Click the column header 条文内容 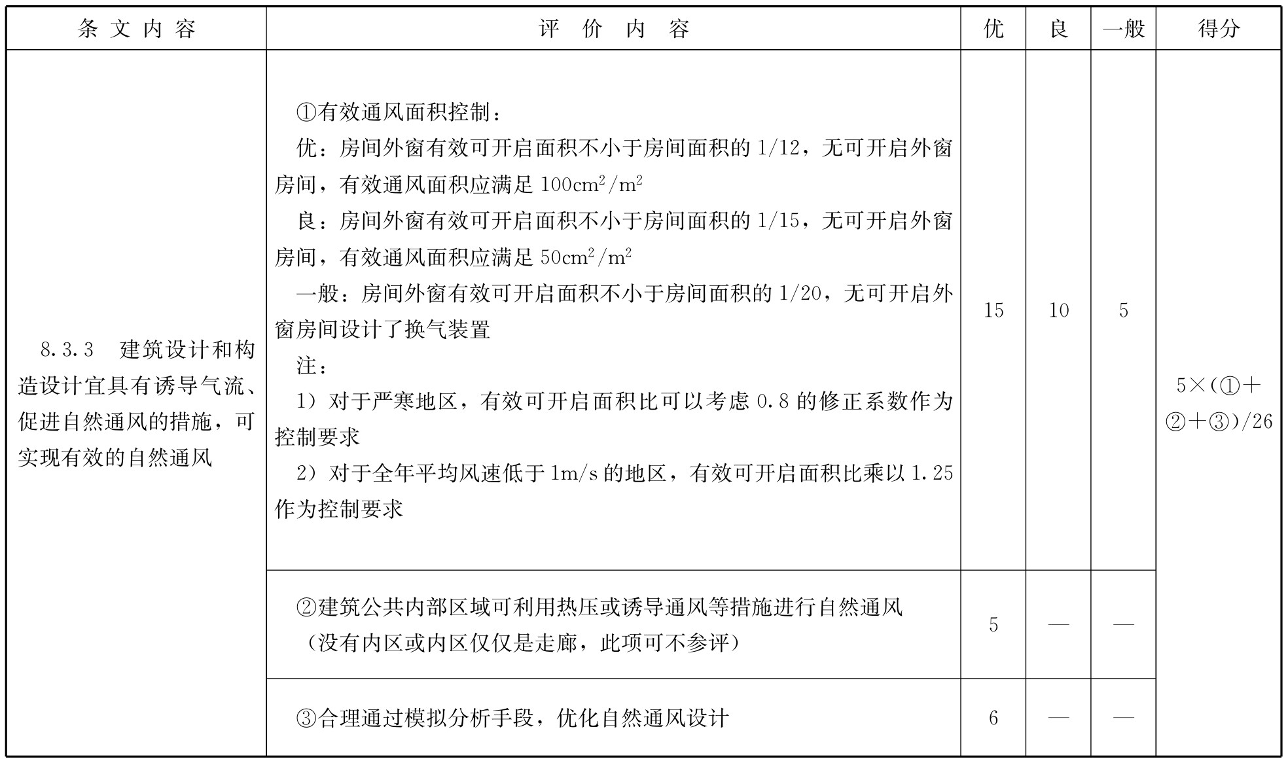coord(136,29)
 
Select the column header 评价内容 coord(613,29)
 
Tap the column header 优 coord(993,29)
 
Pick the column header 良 coord(1058,29)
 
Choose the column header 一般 coord(1123,29)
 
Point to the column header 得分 coord(1218,29)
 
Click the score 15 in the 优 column coord(993,310)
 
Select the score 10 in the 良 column coord(1058,310)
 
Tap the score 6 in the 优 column coord(993,719)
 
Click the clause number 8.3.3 coord(67,350)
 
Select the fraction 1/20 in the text coord(800,293)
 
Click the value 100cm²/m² coord(591,185)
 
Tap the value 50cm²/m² coord(586,257)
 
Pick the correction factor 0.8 coord(772,401)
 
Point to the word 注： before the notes coord(312,365)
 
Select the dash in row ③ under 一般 coord(1123,719)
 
